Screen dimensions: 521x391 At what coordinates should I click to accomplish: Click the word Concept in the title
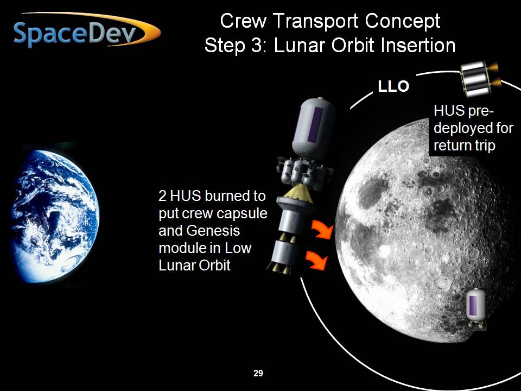coord(402,21)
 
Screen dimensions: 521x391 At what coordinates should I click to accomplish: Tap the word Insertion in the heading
coord(418,46)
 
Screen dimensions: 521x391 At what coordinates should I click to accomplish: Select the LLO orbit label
coord(393,86)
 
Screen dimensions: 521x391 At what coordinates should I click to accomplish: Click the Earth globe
coord(55,216)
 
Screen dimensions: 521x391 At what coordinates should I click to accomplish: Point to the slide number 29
coord(258,374)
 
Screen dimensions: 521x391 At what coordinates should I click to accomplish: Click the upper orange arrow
coord(322,229)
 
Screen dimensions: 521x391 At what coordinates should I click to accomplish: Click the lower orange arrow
coord(316,260)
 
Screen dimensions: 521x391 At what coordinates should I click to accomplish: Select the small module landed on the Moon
coord(475,308)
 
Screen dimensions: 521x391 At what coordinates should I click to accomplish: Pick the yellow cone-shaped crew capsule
coord(299,193)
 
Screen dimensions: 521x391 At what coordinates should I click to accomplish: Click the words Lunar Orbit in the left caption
coord(194,265)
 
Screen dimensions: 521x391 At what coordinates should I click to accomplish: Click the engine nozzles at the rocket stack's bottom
coord(279,268)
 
